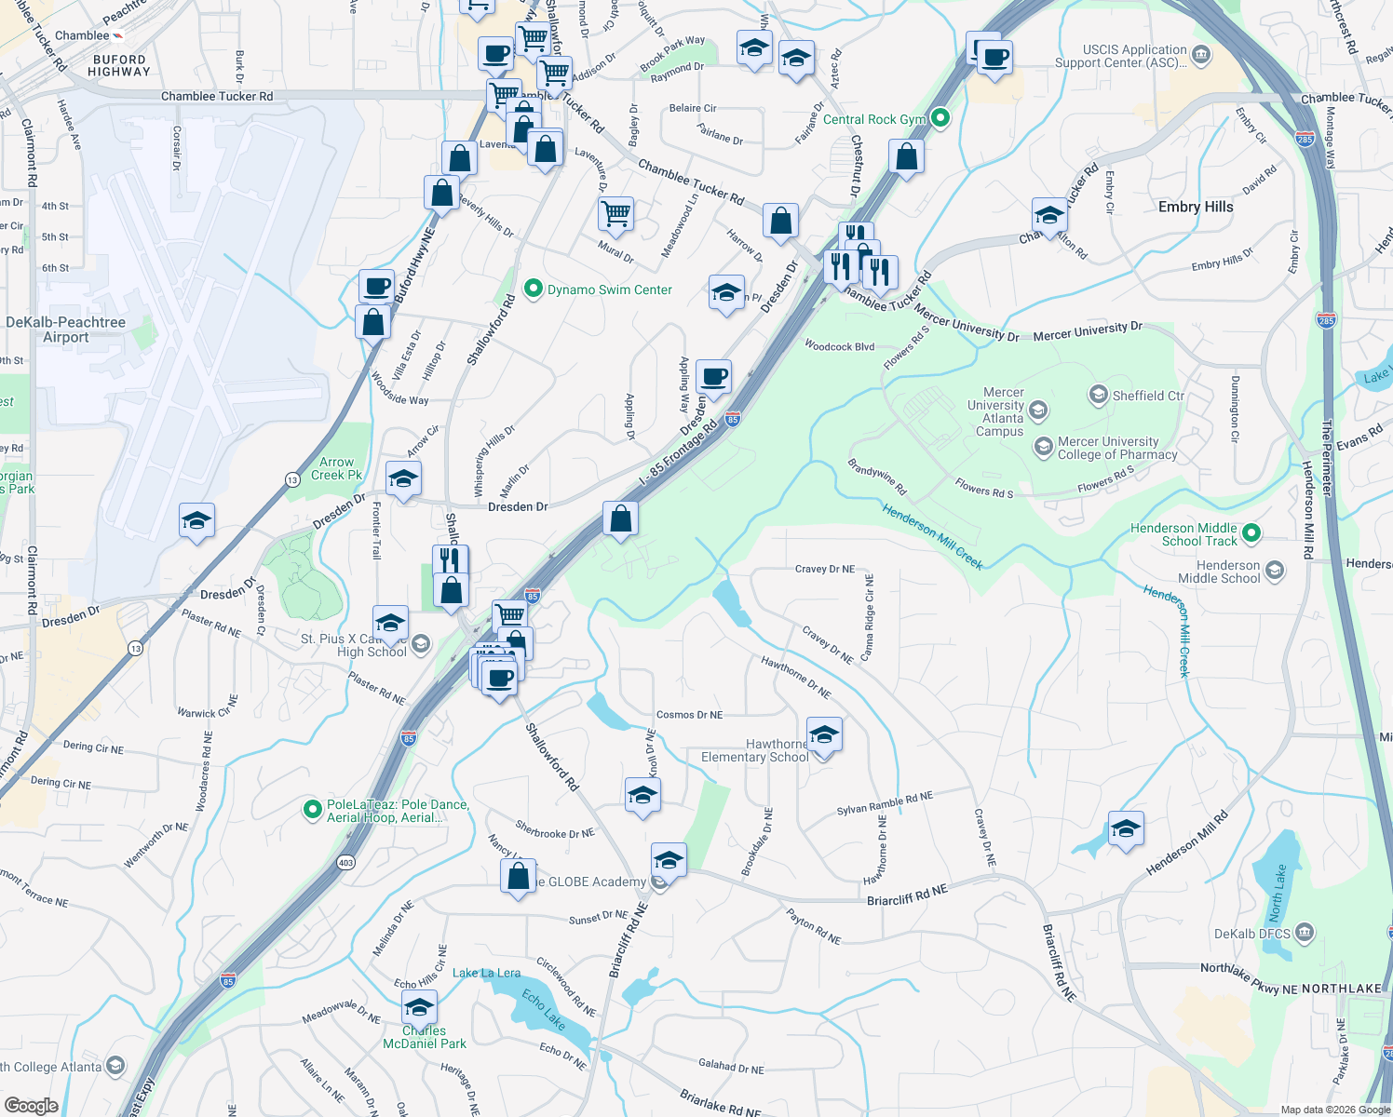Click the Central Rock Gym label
(x=874, y=119)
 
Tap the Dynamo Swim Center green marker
(x=534, y=289)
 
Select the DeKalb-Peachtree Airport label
(x=65, y=330)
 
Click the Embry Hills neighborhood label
(x=1196, y=207)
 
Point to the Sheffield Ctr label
(x=1148, y=396)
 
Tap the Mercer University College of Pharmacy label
(x=1117, y=449)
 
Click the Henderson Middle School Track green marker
(x=1252, y=533)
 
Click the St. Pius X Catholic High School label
(x=354, y=645)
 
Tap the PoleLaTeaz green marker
(x=313, y=811)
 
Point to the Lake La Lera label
(x=486, y=973)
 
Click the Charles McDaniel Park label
(x=424, y=1037)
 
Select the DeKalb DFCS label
(x=1252, y=934)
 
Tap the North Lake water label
(x=1277, y=893)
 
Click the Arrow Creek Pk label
(x=336, y=468)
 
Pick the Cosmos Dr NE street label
(x=689, y=715)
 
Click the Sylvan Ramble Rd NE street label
(x=885, y=802)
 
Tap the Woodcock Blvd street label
(x=839, y=346)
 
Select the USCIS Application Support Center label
(x=1121, y=56)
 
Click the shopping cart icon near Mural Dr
(x=616, y=214)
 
